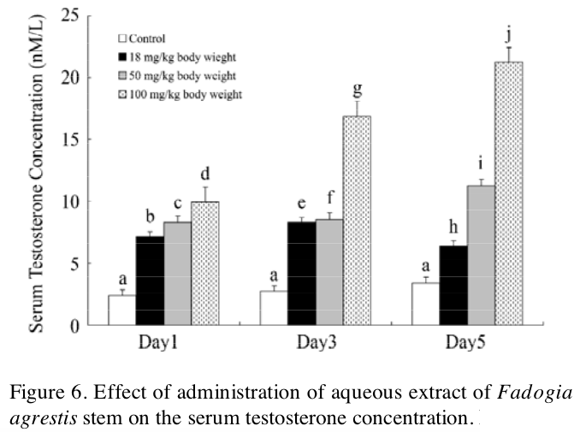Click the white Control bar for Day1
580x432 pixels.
coord(122,310)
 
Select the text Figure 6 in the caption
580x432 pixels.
coord(39,394)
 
